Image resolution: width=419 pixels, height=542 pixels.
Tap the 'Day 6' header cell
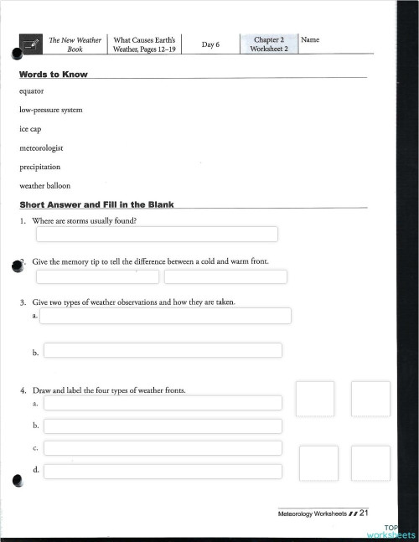click(210, 44)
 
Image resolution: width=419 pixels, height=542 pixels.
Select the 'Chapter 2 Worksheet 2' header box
click(268, 44)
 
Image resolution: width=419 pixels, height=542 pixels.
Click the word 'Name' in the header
click(310, 39)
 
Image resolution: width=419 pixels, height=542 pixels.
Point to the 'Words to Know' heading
click(53, 75)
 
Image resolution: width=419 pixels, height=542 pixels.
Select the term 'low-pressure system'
click(50, 110)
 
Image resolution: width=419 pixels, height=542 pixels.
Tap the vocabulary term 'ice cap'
click(31, 129)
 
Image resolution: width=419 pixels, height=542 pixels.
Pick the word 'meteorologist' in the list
click(41, 147)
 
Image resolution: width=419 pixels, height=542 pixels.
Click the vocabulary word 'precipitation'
click(39, 167)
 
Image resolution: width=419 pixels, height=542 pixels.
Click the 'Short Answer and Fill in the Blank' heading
click(96, 205)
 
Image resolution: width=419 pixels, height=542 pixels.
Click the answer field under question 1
click(157, 234)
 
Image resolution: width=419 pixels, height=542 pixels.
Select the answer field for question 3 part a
click(166, 316)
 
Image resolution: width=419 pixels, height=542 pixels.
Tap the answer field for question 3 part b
click(163, 350)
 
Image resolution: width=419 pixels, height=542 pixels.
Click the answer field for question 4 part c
click(163, 448)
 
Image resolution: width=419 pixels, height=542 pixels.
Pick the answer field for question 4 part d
click(163, 471)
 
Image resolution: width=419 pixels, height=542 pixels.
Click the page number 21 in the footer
click(365, 513)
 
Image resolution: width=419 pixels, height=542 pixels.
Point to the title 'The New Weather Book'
click(75, 44)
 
